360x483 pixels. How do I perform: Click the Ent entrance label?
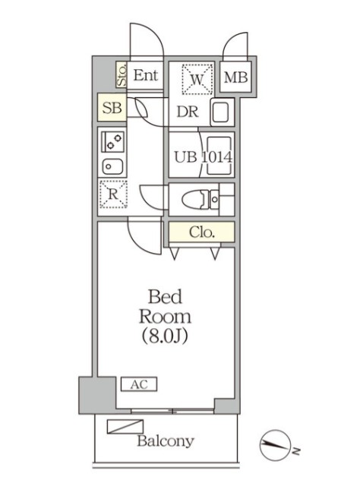click(145, 75)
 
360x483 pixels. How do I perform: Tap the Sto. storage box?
click(122, 74)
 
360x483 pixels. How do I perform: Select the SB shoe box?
click(112, 108)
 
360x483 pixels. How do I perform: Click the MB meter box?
click(235, 77)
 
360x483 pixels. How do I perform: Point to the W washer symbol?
click(197, 79)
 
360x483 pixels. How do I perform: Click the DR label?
click(188, 112)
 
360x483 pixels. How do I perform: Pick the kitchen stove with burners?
click(112, 142)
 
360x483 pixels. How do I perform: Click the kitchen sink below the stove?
click(112, 166)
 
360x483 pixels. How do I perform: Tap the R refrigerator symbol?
click(113, 194)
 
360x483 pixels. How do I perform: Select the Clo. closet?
click(201, 232)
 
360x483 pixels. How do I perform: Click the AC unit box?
click(139, 384)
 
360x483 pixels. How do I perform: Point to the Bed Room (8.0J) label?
click(165, 317)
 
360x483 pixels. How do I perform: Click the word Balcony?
click(166, 441)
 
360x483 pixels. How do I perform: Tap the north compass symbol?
click(275, 446)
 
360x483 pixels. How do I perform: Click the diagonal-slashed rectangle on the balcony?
click(125, 427)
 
